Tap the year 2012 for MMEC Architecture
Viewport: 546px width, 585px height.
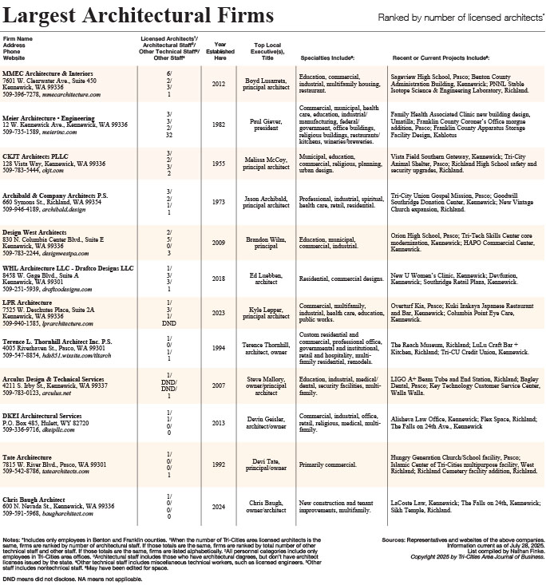pos(219,83)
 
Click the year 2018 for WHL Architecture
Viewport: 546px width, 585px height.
pos(219,280)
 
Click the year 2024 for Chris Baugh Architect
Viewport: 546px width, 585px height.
pos(219,506)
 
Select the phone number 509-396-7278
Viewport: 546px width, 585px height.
pos(19,94)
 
